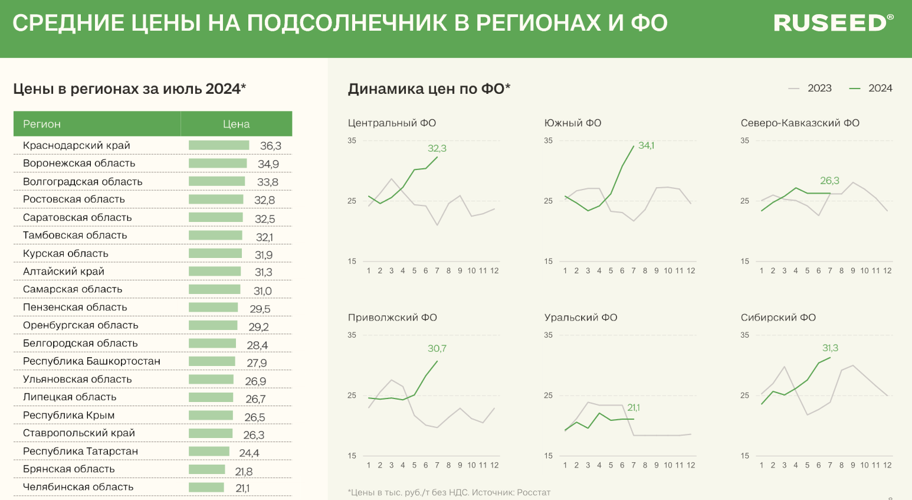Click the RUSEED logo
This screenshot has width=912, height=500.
(x=833, y=23)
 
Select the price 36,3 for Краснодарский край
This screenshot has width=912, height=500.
(x=271, y=146)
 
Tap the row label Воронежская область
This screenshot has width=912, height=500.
(x=79, y=164)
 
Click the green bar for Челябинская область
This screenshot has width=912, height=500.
(x=206, y=488)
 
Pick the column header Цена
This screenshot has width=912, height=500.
(x=236, y=124)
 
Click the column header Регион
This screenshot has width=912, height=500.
(x=42, y=124)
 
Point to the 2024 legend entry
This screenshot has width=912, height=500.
(x=871, y=89)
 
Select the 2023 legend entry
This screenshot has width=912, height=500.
(x=811, y=89)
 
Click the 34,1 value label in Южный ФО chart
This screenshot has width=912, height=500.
(x=646, y=146)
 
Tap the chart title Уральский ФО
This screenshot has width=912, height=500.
(x=580, y=318)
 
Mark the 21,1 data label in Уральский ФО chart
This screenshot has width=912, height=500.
(x=634, y=408)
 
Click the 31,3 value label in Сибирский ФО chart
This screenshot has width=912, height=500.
(x=830, y=348)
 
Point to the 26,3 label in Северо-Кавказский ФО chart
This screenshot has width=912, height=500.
(x=829, y=181)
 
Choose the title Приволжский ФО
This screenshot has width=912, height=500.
(x=392, y=318)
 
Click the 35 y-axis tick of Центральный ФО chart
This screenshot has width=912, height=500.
(x=352, y=141)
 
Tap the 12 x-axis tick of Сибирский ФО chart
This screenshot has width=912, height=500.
(x=887, y=465)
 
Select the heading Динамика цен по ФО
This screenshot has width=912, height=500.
(x=429, y=89)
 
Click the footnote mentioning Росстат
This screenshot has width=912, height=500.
(x=449, y=492)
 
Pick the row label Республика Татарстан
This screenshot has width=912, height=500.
(x=80, y=452)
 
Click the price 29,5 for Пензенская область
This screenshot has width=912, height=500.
(x=260, y=309)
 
